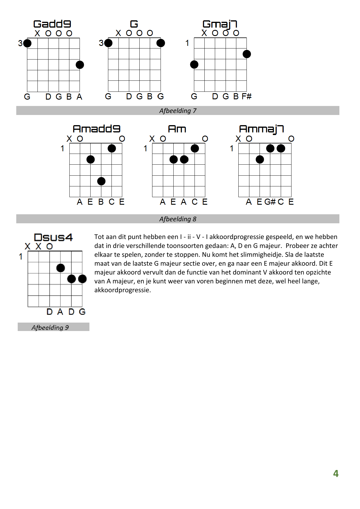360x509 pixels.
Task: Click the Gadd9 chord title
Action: (52, 24)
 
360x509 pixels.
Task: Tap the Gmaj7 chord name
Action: (220, 24)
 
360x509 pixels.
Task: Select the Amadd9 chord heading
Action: (96, 129)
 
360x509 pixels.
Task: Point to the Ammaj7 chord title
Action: (261, 129)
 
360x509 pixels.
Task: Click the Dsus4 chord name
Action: (53, 238)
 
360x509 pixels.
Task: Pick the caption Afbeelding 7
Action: (178, 111)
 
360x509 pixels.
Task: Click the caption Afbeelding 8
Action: (178, 219)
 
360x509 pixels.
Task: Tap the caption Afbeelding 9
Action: (50, 328)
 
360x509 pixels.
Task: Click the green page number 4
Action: (336, 474)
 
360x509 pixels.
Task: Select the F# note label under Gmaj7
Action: (246, 96)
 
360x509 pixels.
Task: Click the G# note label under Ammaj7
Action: (270, 202)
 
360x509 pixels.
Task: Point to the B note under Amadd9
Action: (101, 202)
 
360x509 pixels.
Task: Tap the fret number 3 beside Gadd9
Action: (20, 43)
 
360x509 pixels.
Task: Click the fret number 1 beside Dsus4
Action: (21, 257)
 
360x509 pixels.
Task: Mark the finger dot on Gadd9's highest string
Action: (80, 65)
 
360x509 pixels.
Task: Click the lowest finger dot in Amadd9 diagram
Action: (101, 181)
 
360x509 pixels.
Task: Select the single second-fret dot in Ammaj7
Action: (260, 159)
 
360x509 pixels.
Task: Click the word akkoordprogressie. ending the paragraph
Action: (123, 290)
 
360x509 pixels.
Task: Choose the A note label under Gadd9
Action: (80, 97)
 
